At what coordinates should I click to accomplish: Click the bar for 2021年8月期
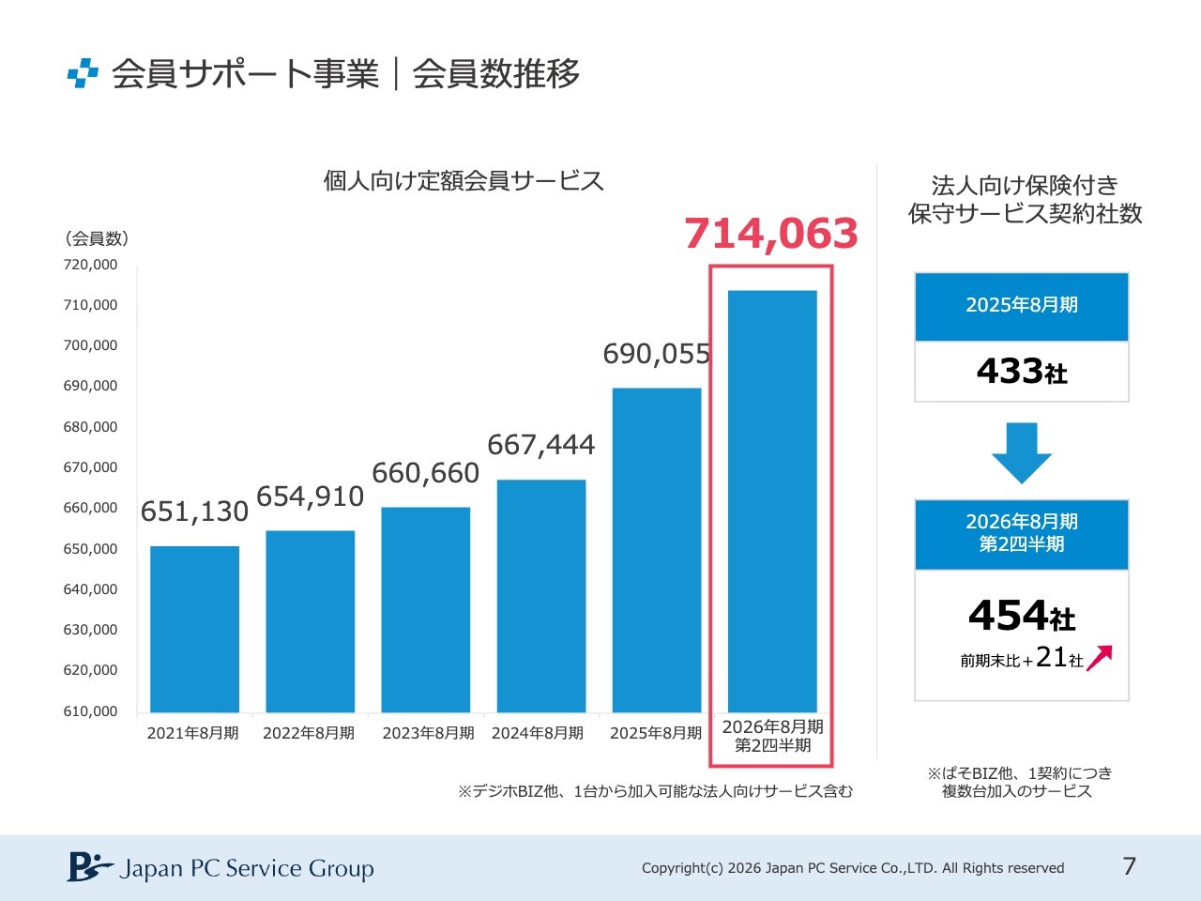click(x=194, y=629)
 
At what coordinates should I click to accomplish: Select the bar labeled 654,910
click(x=310, y=621)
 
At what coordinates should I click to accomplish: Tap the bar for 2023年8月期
click(x=425, y=610)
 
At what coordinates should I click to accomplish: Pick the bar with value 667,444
click(x=540, y=596)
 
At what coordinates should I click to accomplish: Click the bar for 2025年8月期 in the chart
click(x=656, y=550)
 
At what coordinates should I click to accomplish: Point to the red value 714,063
click(x=770, y=234)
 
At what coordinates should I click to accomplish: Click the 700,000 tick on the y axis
click(x=91, y=345)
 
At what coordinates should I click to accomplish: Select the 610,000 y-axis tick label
click(x=91, y=711)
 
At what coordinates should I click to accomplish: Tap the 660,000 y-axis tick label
click(x=91, y=508)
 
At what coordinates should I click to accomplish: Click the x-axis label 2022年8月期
click(x=309, y=733)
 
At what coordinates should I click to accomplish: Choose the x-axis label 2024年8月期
click(x=538, y=733)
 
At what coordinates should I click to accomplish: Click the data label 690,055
click(x=656, y=354)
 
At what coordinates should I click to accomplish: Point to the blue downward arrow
click(x=1022, y=452)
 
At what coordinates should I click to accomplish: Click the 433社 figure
click(x=1022, y=372)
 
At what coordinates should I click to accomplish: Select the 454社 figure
click(x=1022, y=617)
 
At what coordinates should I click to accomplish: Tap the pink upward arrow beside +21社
click(x=1100, y=658)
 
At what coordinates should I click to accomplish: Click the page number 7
click(x=1130, y=866)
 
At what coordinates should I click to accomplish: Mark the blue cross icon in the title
click(x=83, y=73)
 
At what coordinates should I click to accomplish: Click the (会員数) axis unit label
click(x=96, y=238)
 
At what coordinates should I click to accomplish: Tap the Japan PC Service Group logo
click(x=220, y=867)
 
